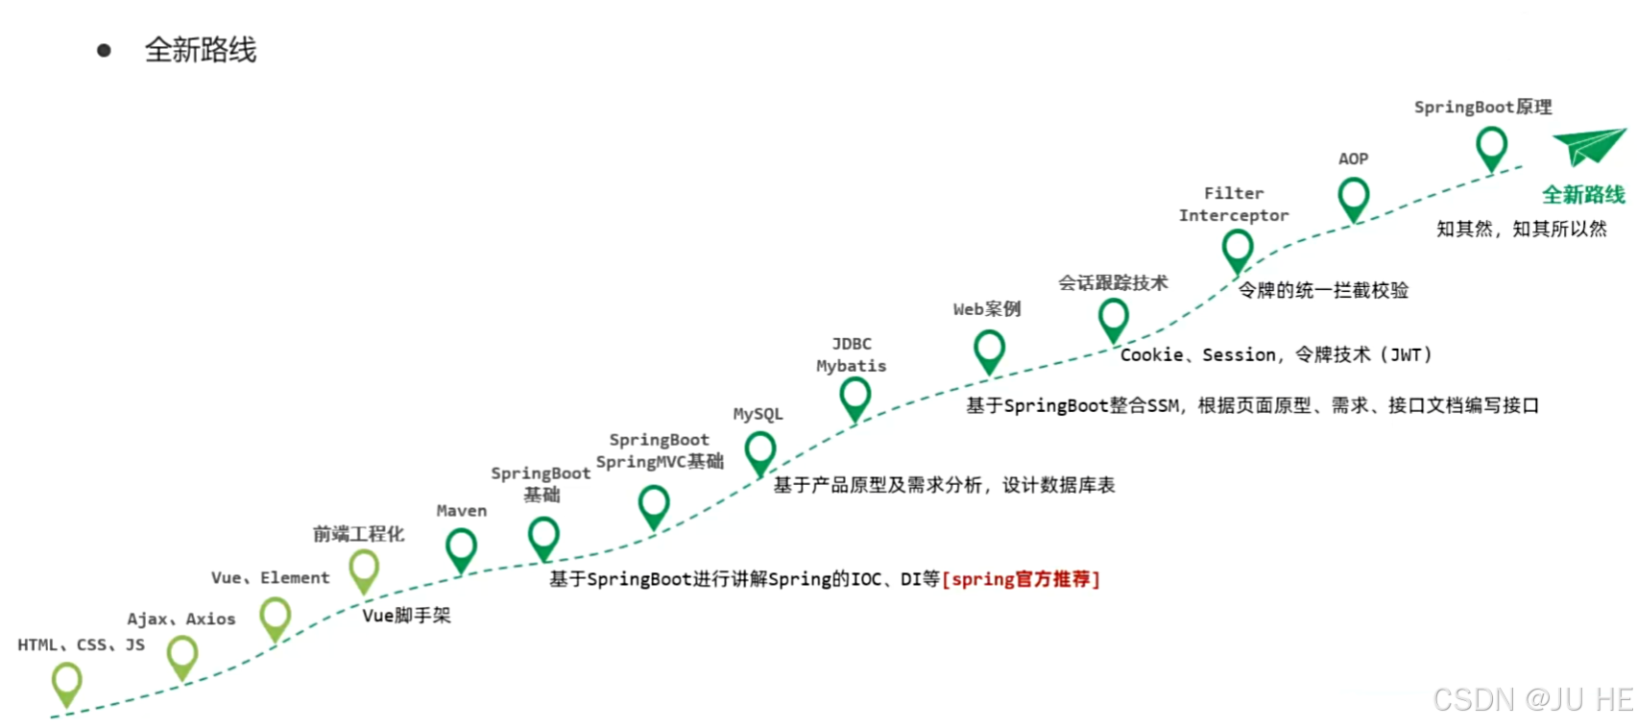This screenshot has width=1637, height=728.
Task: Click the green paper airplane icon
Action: pos(1589,146)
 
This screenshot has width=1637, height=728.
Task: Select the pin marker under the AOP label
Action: pos(1354,197)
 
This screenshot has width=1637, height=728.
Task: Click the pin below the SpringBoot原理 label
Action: pos(1491,147)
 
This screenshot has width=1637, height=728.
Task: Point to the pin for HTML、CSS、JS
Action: pos(66,682)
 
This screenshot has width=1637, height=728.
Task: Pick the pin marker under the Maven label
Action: pos(461,547)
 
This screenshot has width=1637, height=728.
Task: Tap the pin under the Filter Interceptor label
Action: pos(1238,249)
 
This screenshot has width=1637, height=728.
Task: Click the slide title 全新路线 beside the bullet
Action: pos(201,50)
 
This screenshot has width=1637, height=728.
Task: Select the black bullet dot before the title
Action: pos(104,50)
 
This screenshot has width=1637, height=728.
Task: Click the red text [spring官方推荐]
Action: pos(1021,579)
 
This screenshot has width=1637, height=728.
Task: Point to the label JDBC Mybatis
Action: pos(852,354)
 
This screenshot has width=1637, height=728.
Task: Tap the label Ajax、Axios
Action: pos(181,619)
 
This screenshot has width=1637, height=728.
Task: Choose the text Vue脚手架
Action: pos(406,616)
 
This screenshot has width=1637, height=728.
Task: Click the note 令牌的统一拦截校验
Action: pos(1323,290)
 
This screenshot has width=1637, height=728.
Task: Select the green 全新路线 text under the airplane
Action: pos(1583,195)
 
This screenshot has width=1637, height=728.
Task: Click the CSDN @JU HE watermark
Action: pos(1532,699)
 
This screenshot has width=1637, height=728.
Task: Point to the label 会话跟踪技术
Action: pos(1113,282)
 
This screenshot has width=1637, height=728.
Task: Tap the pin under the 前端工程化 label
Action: pos(364,570)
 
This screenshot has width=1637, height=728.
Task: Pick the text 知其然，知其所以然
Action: pos(1521,229)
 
